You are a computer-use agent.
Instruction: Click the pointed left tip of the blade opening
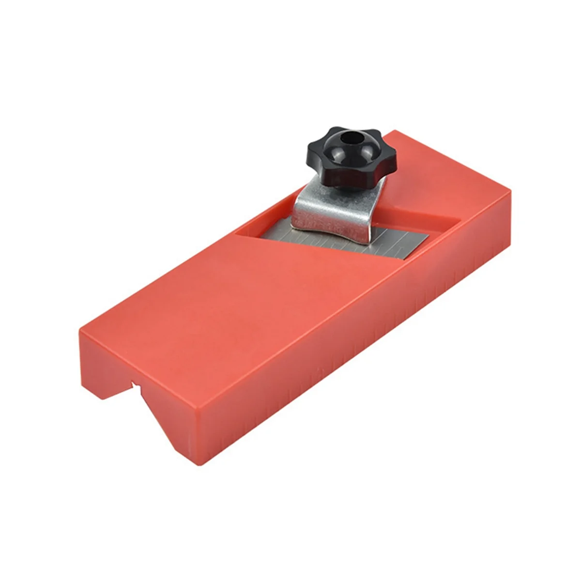[x=236, y=234]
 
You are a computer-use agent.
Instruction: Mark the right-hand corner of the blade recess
[x=459, y=221]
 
